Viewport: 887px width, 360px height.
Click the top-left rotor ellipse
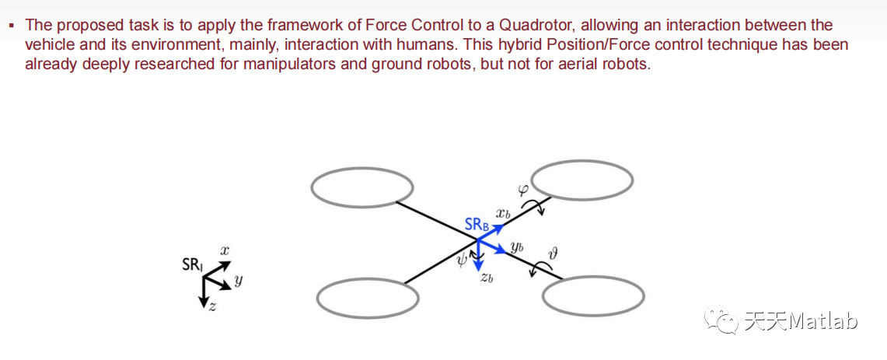coord(362,187)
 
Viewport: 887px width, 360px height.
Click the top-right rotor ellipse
coord(582,180)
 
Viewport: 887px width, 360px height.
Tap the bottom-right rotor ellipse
coord(593,296)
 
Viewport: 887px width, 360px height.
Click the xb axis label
coord(504,212)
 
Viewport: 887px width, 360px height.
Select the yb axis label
coord(517,247)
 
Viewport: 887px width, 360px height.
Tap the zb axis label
coord(487,278)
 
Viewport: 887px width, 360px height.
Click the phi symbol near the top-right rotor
coord(522,189)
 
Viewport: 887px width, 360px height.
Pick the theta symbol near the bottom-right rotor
coord(554,253)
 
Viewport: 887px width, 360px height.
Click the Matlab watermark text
coord(822,321)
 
